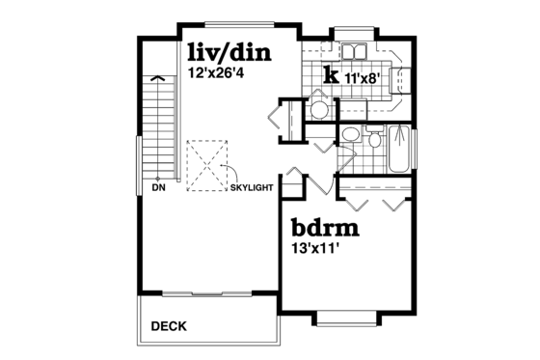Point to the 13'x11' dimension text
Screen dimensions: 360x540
tap(316, 247)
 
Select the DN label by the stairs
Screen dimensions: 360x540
tap(159, 188)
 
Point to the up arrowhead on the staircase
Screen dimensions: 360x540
tap(154, 80)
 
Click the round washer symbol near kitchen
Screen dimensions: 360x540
tap(318, 109)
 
